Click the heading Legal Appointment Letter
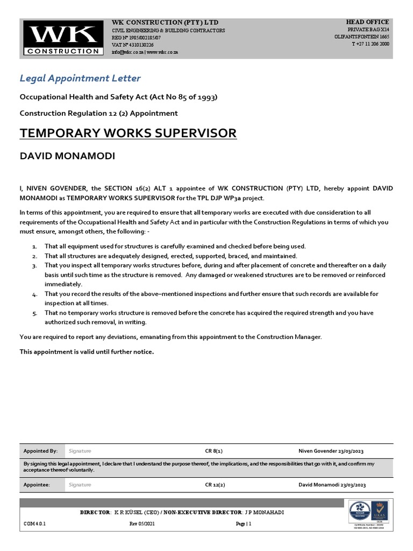click(80, 79)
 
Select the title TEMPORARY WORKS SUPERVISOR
click(128, 133)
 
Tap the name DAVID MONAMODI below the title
click(67, 156)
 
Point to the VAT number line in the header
click(132, 45)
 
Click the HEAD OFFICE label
click(367, 22)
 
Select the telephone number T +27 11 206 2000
click(370, 44)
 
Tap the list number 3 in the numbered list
click(34, 266)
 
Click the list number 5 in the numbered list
click(34, 313)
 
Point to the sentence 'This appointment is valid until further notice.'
click(87, 352)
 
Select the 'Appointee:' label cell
click(37, 485)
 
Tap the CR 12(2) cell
click(215, 485)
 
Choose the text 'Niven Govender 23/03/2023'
click(334, 451)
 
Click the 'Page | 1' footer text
click(244, 523)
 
